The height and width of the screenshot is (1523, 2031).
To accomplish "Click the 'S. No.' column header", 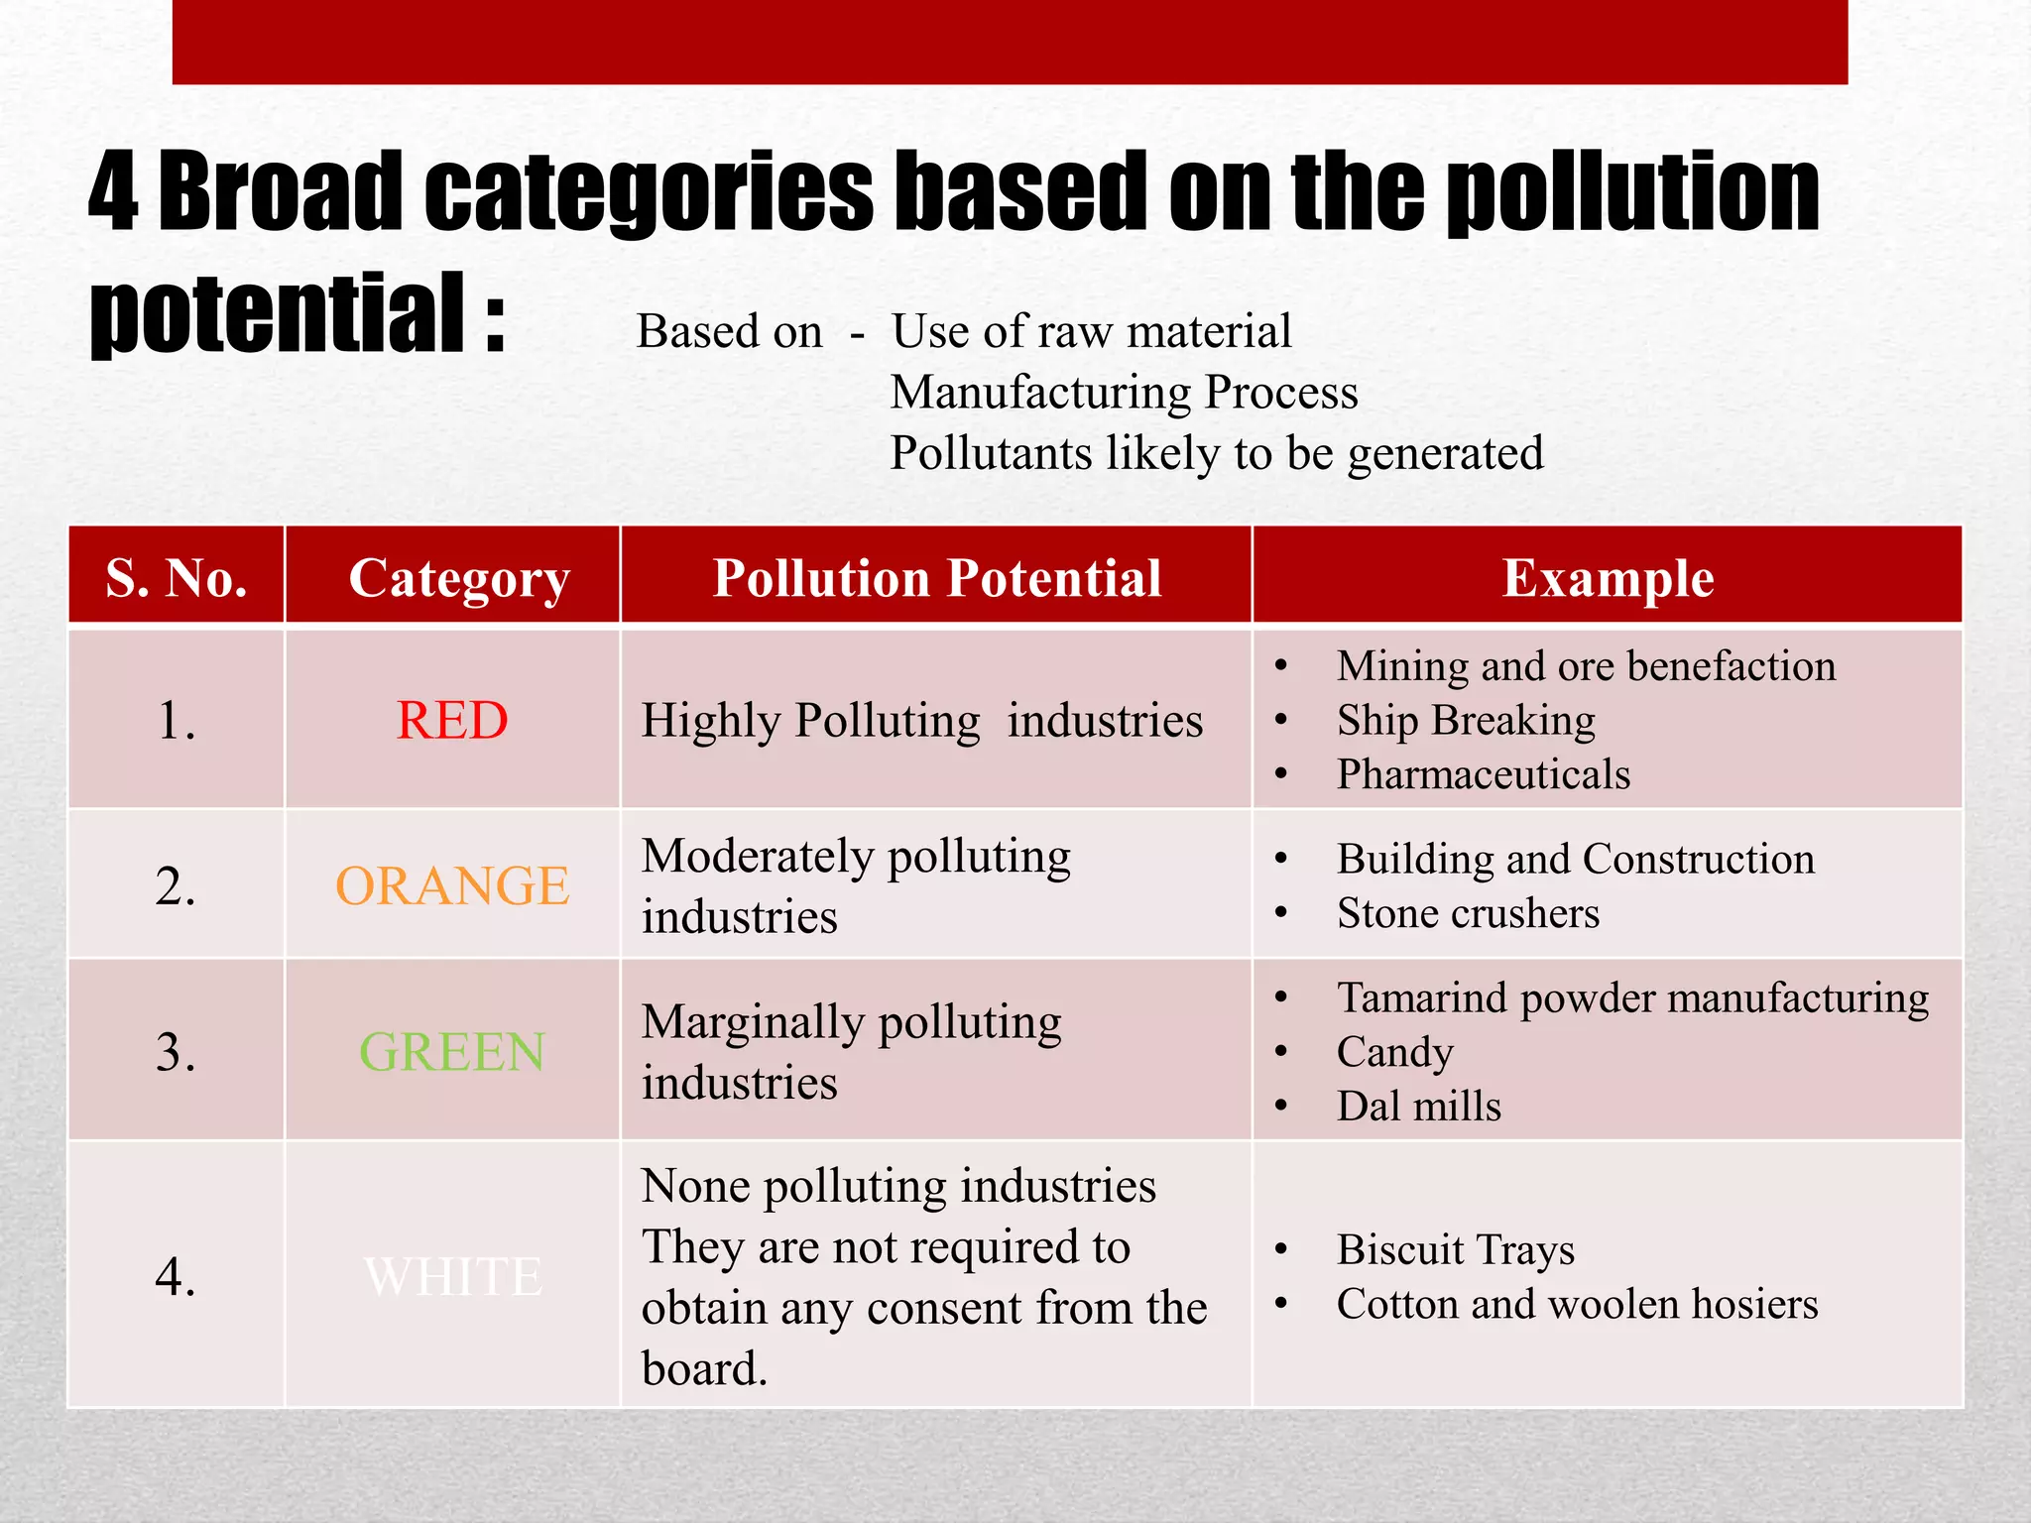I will click(177, 577).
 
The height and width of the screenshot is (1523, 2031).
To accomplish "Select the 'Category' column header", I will click(459, 577).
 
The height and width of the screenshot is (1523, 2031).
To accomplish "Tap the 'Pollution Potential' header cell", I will click(936, 577).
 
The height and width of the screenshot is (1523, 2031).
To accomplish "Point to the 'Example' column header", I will click(1608, 577).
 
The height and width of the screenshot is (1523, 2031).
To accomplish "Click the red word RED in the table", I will click(452, 720).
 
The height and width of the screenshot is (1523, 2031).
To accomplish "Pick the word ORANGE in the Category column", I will click(452, 885).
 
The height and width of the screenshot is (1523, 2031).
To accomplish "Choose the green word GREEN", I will click(452, 1051).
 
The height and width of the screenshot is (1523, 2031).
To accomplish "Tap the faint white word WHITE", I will click(452, 1276).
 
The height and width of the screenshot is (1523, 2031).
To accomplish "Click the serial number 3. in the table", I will click(176, 1051).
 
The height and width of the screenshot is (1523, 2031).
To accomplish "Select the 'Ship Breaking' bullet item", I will click(1465, 720).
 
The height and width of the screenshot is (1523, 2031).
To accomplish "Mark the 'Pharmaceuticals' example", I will click(1483, 774).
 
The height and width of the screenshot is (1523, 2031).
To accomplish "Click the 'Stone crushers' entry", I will click(1467, 913).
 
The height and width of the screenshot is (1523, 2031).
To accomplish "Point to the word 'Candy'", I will click(1394, 1052).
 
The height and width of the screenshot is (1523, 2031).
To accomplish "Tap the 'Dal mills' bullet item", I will click(1418, 1106).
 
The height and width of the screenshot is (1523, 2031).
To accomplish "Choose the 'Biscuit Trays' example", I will click(1455, 1249).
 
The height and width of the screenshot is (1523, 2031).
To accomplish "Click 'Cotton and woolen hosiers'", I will click(1577, 1304).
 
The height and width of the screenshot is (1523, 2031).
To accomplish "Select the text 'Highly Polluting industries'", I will click(921, 720).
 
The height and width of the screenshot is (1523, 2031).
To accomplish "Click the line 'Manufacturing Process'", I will click(1124, 392).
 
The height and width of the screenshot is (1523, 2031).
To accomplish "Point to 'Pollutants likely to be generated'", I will click(1216, 453).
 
